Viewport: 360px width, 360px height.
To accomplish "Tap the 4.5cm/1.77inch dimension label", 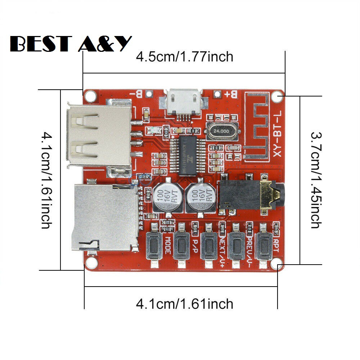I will (x=184, y=57).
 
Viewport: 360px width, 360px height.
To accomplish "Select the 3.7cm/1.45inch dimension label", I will (x=316, y=180).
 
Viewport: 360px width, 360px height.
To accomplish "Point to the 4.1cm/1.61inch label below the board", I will (x=184, y=304).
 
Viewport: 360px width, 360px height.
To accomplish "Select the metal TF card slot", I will (x=104, y=218).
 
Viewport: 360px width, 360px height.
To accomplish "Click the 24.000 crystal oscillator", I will (x=221, y=132).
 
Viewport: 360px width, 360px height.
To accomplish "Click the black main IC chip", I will (x=189, y=155).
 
